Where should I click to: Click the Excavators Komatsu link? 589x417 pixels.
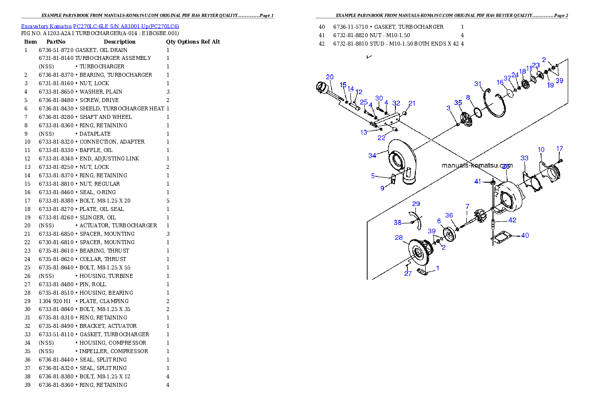46,26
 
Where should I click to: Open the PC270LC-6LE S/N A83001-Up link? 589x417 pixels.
126,26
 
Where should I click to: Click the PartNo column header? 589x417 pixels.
56,42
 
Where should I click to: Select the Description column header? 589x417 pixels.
119,42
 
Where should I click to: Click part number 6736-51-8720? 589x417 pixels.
56,50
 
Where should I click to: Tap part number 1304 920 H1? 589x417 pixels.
55,301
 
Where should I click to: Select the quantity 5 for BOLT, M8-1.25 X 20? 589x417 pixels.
168,201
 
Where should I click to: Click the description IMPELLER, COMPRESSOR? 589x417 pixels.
114,351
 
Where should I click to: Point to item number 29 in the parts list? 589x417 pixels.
27,301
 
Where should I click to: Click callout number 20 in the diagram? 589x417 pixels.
330,77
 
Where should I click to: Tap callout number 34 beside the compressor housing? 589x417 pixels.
372,156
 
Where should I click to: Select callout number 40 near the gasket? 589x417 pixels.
525,235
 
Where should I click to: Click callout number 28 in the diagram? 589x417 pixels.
399,237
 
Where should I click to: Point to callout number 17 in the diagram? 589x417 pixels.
560,149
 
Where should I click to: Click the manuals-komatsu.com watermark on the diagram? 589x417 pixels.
477,165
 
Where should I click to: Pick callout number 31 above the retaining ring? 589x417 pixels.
478,84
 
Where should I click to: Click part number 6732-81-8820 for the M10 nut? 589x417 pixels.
350,35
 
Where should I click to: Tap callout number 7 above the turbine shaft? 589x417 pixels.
467,207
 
